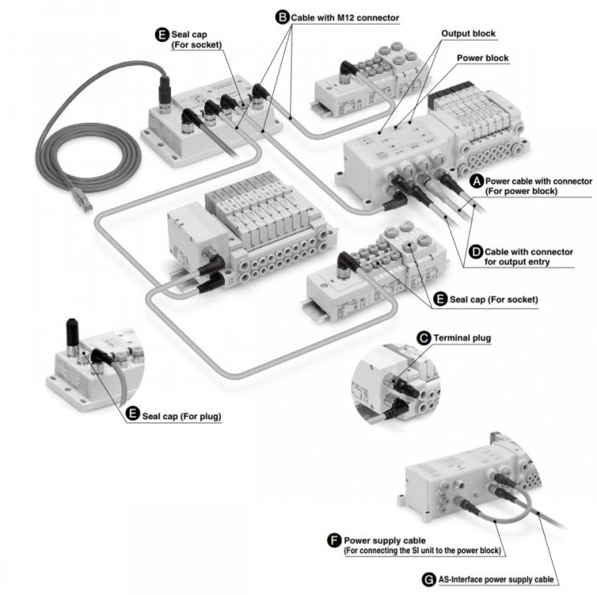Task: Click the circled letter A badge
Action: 476,182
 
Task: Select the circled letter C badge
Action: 423,337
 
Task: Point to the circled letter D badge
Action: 476,251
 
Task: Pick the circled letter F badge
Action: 333,540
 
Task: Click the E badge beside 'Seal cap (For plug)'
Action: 133,415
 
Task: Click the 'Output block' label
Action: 468,35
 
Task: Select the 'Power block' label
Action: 482,58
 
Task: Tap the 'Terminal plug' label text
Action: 462,338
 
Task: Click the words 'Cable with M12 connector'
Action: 345,16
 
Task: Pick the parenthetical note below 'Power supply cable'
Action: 422,552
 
